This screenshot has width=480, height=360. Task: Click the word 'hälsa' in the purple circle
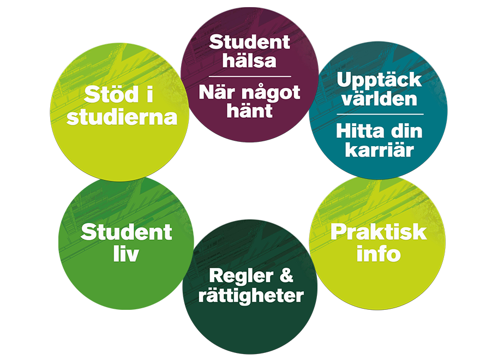pos(249,60)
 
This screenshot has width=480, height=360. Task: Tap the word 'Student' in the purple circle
pos(249,42)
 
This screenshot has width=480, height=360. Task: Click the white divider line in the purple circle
pos(249,76)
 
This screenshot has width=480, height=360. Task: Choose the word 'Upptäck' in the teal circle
pos(379,80)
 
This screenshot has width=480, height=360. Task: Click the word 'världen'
pos(379,99)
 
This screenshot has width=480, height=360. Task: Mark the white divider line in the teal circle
pos(380,114)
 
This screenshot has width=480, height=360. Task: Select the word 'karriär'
pos(379,149)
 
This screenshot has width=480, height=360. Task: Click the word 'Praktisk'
pos(379,232)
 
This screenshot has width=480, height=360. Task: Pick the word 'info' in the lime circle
pos(379,253)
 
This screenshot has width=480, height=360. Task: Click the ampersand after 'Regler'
pos(285,276)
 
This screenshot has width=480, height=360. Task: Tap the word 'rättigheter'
pos(250,296)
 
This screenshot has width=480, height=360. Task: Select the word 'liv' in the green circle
pos(126,254)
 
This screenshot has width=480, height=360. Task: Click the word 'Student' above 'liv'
pos(126,233)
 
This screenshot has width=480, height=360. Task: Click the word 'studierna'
pos(122,117)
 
